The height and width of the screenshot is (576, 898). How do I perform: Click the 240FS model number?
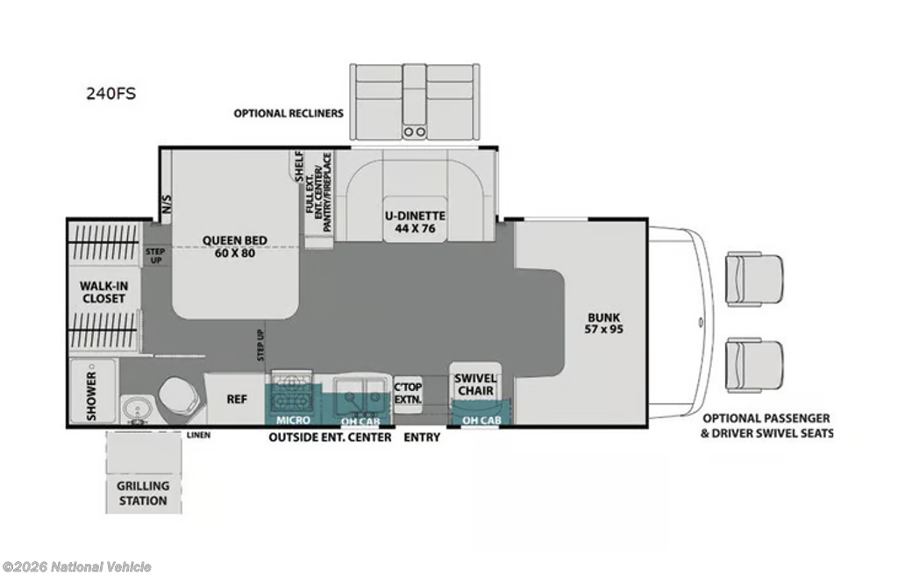pos(111,93)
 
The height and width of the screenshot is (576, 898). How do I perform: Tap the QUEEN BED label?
pos(235,246)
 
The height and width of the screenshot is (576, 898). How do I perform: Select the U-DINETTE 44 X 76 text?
pos(415,222)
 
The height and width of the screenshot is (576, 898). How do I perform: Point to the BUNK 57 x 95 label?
pos(603,323)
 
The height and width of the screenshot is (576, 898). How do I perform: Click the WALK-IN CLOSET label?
pos(103,292)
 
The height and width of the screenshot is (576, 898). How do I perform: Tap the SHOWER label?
pos(91,396)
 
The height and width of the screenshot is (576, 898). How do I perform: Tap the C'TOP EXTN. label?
pos(408,394)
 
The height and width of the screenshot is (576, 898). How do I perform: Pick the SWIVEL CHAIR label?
pos(475,385)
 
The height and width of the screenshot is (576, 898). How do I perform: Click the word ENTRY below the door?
pos(422,437)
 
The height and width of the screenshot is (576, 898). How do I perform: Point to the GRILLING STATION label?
pos(143,493)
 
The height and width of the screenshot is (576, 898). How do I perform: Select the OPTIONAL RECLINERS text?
pos(289,113)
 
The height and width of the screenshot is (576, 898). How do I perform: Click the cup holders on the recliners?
pos(415,132)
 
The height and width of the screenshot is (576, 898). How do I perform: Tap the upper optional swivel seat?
pos(753,279)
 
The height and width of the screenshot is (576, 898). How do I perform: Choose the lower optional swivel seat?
pos(753,365)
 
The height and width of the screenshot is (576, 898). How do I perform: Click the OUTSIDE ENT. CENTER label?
pos(331,437)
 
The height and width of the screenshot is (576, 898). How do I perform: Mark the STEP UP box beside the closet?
pos(154,255)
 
